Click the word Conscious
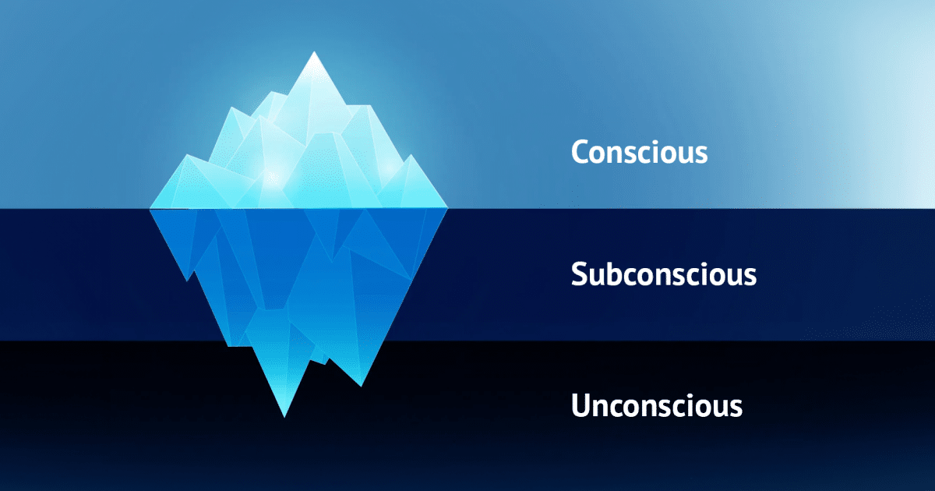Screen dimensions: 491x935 coord(639,152)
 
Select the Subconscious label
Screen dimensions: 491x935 coord(663,274)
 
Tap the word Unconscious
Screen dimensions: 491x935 coord(656,406)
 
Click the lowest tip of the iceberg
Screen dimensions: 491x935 coord(284,416)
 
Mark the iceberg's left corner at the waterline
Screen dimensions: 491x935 coord(150,208)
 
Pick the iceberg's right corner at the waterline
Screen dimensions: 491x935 coord(447,208)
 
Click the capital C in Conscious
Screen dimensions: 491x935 coord(580,152)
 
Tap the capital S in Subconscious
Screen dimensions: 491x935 coord(579,274)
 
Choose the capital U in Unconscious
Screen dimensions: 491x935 coord(581,406)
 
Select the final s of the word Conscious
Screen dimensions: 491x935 coord(700,154)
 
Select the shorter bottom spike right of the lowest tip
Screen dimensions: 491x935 coord(360,382)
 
